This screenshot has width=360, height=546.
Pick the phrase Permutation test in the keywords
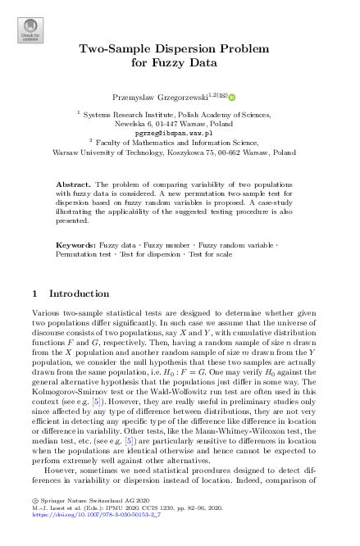pos(84,254)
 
